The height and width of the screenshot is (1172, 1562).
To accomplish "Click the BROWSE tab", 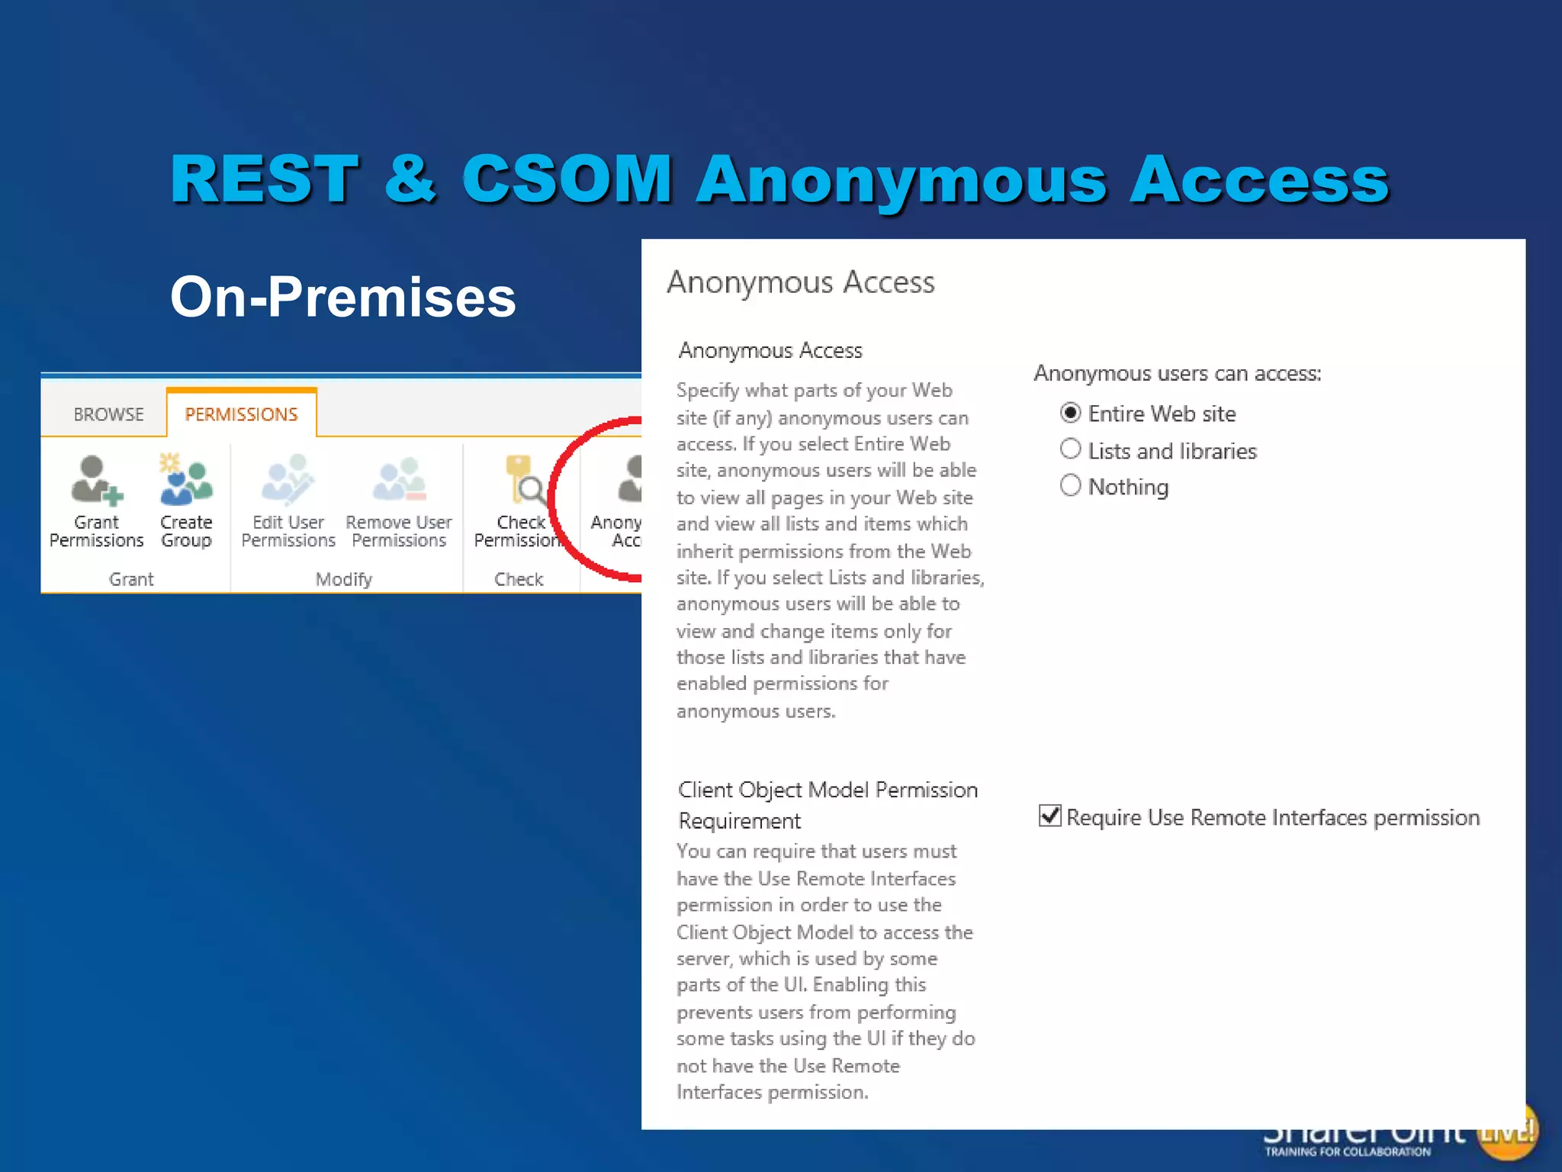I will (x=108, y=414).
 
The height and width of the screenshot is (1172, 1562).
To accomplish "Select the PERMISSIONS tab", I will (x=241, y=414).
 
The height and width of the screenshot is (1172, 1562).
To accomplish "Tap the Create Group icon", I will (x=185, y=481).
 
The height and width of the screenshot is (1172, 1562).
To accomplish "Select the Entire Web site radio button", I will (x=1071, y=414).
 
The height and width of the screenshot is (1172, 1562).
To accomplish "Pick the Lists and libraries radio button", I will (x=1071, y=449).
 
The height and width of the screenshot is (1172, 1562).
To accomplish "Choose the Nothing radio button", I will (x=1071, y=485).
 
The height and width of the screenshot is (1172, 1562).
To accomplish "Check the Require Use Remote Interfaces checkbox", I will (x=1050, y=816).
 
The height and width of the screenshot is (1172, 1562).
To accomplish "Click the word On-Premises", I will (x=343, y=297).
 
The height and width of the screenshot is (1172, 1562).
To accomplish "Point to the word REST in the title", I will (x=265, y=179).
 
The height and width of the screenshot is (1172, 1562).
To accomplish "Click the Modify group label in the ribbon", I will (x=344, y=579).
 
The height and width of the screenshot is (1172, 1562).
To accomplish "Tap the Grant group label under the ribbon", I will (x=131, y=579).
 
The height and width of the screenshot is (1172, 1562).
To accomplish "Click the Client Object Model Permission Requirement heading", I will (x=827, y=805).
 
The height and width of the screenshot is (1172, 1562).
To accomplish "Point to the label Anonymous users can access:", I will (x=1177, y=374).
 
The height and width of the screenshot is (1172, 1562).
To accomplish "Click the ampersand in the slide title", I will (x=410, y=179).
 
